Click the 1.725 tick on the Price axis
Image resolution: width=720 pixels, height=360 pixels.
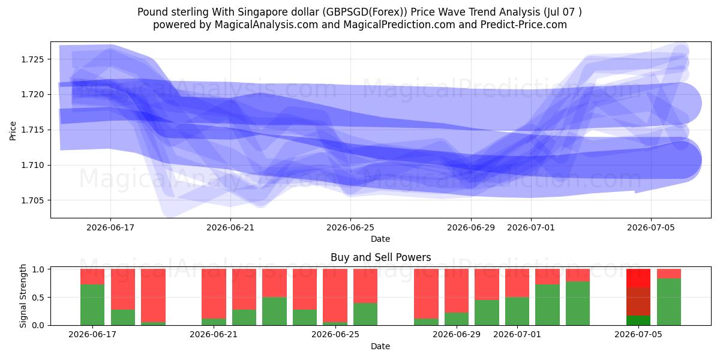pyautogui.click(x=32, y=59)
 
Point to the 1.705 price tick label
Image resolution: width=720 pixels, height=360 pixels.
pyautogui.click(x=32, y=200)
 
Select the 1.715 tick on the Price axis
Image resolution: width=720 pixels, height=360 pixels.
pyautogui.click(x=32, y=130)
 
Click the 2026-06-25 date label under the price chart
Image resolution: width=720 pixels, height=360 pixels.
pyautogui.click(x=350, y=227)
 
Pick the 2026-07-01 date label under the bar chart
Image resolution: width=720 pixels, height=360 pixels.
pyautogui.click(x=517, y=334)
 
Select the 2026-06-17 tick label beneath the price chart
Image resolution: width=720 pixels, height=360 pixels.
pyautogui.click(x=110, y=227)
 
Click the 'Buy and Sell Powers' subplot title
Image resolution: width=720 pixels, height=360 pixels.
pyautogui.click(x=380, y=257)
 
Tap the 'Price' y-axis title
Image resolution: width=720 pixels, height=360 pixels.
pyautogui.click(x=13, y=131)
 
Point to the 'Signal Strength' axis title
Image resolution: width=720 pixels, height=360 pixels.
pyautogui.click(x=23, y=296)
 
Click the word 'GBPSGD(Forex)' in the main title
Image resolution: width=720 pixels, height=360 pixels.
pyautogui.click(x=365, y=12)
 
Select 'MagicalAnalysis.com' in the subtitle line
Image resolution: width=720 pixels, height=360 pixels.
pyautogui.click(x=266, y=25)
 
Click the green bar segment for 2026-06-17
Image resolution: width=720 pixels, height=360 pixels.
pyautogui.click(x=92, y=305)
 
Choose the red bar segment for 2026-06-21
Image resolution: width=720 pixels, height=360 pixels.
pyautogui.click(x=214, y=293)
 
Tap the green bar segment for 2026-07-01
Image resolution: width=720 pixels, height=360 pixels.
pyautogui.click(x=517, y=311)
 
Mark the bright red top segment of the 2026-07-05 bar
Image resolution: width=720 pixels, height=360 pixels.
pyautogui.click(x=638, y=278)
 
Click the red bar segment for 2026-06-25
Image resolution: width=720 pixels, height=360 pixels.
pyautogui.click(x=335, y=295)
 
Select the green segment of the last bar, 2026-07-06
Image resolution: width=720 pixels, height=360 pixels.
pyautogui.click(x=669, y=302)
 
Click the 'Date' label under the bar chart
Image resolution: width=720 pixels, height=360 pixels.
pyautogui.click(x=380, y=346)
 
